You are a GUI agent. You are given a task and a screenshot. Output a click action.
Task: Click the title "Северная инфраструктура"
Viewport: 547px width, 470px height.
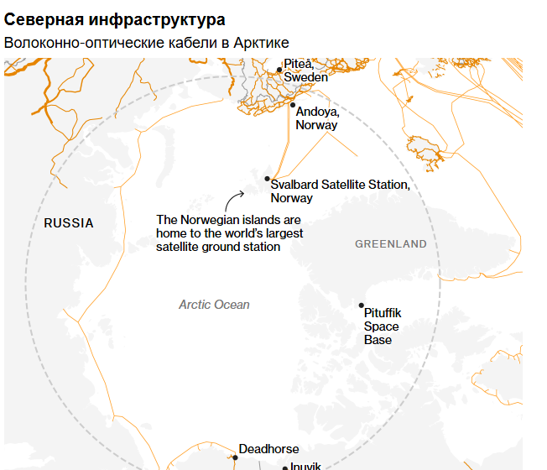pyautogui.click(x=114, y=18)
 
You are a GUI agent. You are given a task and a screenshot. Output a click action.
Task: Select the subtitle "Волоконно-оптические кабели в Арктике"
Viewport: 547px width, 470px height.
pyautogui.click(x=146, y=43)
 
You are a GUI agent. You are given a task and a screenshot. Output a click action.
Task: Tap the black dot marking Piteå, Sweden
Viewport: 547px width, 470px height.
pyautogui.click(x=279, y=70)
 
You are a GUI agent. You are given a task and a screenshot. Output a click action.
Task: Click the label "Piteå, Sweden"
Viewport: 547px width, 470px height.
pyautogui.click(x=305, y=70)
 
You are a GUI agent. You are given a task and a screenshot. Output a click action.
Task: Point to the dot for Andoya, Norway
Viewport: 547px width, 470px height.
pyautogui.click(x=293, y=105)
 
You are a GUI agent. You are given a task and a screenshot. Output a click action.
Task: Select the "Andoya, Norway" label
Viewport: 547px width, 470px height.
pyautogui.click(x=317, y=118)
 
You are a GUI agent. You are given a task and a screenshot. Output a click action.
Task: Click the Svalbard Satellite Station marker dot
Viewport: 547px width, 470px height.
pyautogui.click(x=267, y=179)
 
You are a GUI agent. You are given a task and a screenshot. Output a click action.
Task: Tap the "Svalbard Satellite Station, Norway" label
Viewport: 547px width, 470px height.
pyautogui.click(x=340, y=191)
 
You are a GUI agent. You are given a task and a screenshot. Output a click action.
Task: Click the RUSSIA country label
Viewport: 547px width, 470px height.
pyautogui.click(x=69, y=223)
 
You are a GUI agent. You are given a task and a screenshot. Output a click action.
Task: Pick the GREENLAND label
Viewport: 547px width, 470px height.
pyautogui.click(x=390, y=244)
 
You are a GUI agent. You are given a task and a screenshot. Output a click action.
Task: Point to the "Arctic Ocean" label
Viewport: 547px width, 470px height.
pyautogui.click(x=214, y=305)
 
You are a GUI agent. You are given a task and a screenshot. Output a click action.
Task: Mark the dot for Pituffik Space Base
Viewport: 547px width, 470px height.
pyautogui.click(x=362, y=305)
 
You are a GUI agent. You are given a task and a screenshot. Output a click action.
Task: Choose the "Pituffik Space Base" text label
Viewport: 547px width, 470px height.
pyautogui.click(x=382, y=326)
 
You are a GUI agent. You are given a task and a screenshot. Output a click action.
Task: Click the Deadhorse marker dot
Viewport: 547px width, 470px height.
pyautogui.click(x=235, y=457)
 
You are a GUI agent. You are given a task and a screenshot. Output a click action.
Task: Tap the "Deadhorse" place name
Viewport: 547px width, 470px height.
pyautogui.click(x=268, y=449)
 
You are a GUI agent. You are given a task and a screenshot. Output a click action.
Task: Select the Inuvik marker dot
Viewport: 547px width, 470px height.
pyautogui.click(x=285, y=467)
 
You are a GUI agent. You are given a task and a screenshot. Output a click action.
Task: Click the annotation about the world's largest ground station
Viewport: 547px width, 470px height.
pyautogui.click(x=229, y=233)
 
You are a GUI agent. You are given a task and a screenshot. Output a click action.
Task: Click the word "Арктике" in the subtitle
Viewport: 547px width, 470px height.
pyautogui.click(x=261, y=43)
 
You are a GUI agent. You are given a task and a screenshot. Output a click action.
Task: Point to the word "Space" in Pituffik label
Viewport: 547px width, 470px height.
pyautogui.click(x=381, y=326)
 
